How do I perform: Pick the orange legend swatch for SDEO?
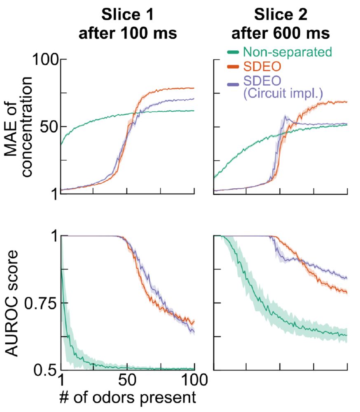click(234, 66)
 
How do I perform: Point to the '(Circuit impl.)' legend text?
click(283, 94)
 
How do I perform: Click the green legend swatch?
click(234, 52)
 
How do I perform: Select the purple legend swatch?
click(234, 84)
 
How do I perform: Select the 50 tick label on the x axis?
click(127, 379)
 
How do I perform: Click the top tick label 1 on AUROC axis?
click(53, 236)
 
